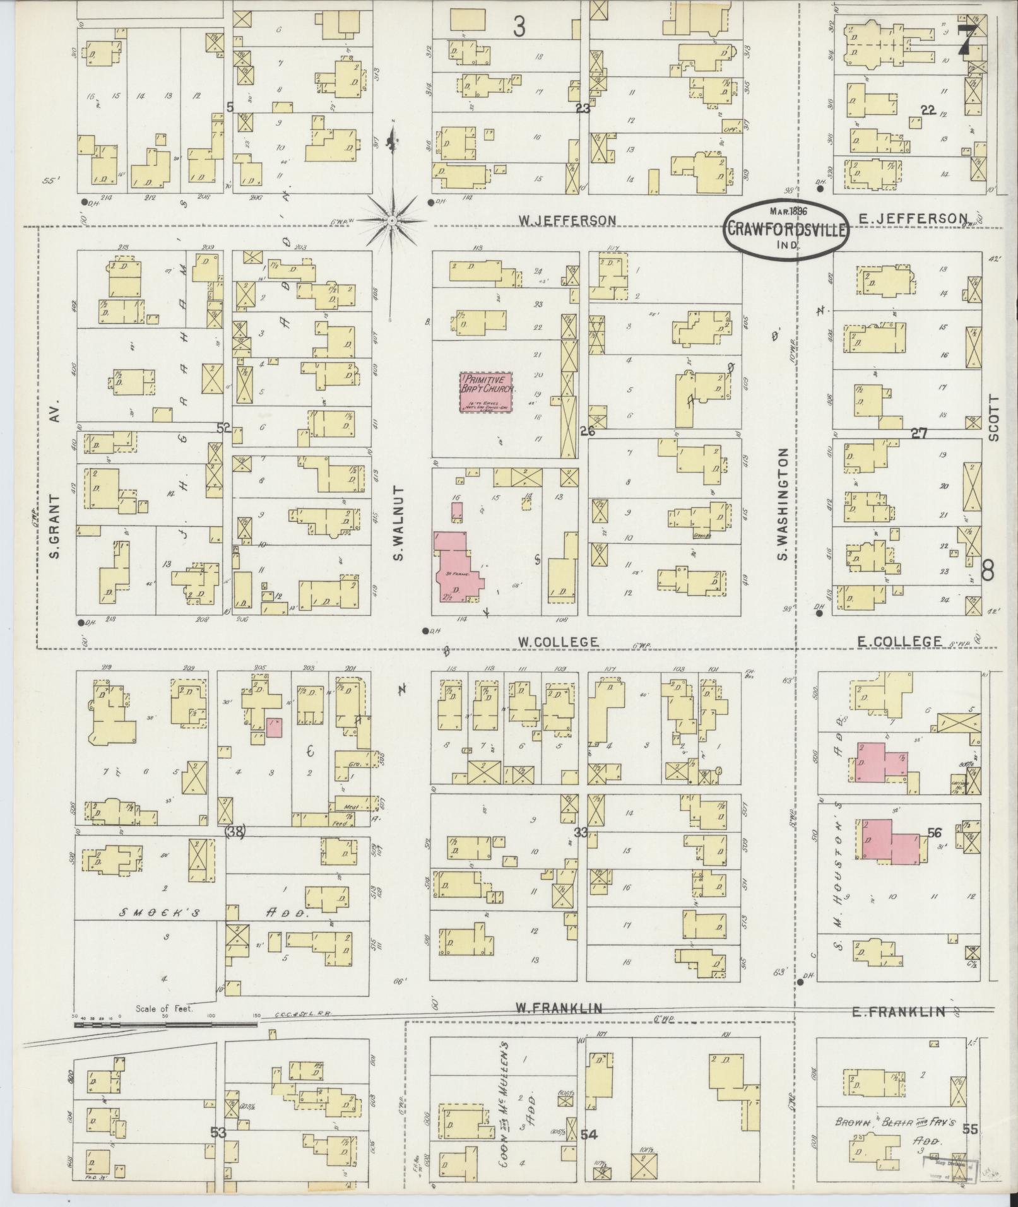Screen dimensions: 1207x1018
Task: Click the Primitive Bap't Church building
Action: click(487, 392)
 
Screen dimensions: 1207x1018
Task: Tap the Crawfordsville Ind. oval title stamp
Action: click(786, 230)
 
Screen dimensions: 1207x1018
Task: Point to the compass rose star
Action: click(391, 220)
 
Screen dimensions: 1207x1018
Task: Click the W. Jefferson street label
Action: click(567, 220)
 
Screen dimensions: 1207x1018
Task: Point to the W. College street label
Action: click(558, 642)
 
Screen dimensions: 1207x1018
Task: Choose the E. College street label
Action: click(899, 642)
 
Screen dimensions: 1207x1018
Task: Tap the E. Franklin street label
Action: click(899, 1013)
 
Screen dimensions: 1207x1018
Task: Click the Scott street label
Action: click(995, 418)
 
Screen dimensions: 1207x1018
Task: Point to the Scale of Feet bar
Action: click(165, 1025)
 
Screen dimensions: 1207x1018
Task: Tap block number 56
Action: click(935, 833)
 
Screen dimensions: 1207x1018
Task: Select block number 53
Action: click(218, 1133)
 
